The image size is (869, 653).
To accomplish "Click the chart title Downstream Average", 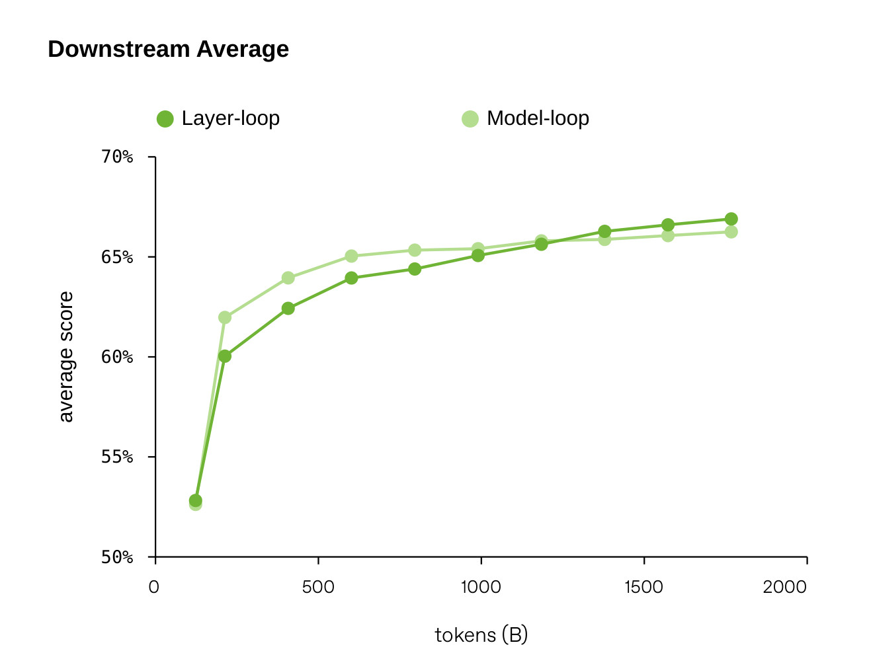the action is pyautogui.click(x=168, y=49).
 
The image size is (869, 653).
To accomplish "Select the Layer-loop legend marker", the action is pyautogui.click(x=165, y=119).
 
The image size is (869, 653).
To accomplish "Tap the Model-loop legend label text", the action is pyautogui.click(x=538, y=118).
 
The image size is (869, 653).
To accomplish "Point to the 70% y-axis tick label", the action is pyautogui.click(x=117, y=157).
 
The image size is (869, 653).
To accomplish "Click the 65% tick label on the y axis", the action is pyautogui.click(x=117, y=257).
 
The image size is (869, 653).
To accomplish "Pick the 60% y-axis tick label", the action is pyautogui.click(x=117, y=357).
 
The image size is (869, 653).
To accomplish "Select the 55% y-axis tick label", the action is pyautogui.click(x=117, y=457).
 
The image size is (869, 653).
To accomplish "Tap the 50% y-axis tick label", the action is pyautogui.click(x=117, y=557).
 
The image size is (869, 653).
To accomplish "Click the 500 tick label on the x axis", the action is pyautogui.click(x=318, y=587).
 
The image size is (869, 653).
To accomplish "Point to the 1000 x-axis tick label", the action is pyautogui.click(x=481, y=587).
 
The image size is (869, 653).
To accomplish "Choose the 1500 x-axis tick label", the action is pyautogui.click(x=643, y=587).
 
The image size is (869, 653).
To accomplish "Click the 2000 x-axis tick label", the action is pyautogui.click(x=784, y=587).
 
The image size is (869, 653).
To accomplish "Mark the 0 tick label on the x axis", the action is pyautogui.click(x=153, y=587).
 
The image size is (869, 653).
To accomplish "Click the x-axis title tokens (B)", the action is pyautogui.click(x=481, y=635).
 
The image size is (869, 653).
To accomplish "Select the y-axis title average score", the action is pyautogui.click(x=67, y=357).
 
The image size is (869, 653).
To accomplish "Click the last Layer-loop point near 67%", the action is pyautogui.click(x=731, y=219).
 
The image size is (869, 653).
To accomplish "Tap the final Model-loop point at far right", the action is pyautogui.click(x=731, y=232).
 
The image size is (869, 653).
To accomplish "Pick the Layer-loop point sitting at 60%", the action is pyautogui.click(x=224, y=356).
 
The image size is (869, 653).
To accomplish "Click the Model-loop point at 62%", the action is pyautogui.click(x=224, y=317).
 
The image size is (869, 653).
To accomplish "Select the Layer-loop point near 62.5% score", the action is pyautogui.click(x=288, y=308).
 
